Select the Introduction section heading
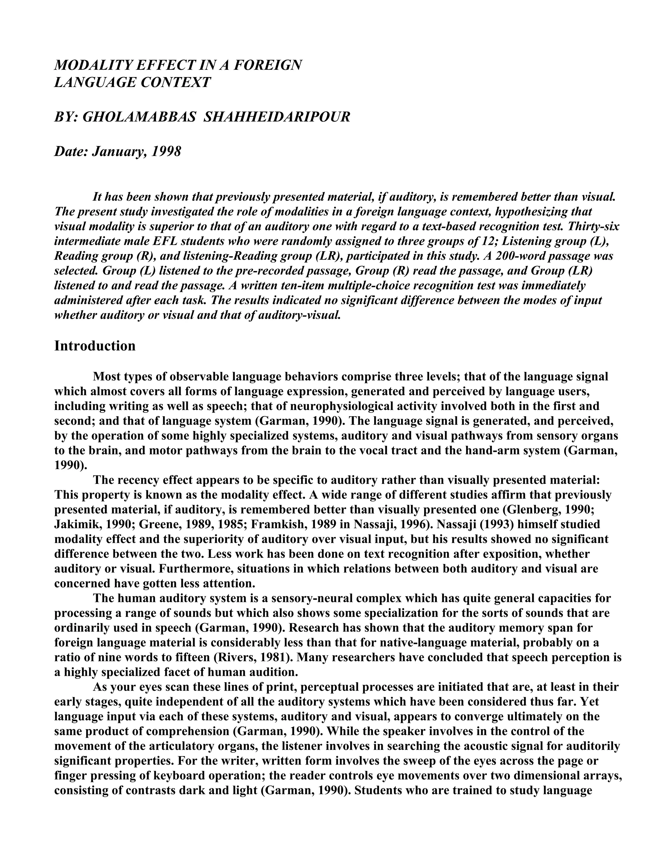[x=95, y=346]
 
